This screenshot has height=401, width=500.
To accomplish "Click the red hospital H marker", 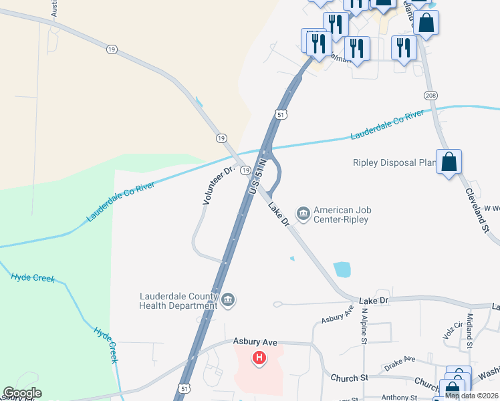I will coord(259,358).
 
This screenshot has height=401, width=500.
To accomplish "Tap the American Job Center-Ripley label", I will coord(342,215).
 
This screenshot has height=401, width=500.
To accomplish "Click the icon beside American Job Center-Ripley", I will coord(303,214).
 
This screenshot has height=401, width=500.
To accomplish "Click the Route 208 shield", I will coord(431,96).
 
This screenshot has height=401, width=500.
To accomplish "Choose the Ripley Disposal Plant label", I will coord(394,162).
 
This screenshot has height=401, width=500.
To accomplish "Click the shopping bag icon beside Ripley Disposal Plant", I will coord(449,162).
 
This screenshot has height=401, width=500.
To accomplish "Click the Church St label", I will coord(350,378).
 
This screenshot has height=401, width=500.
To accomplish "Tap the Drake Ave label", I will coord(400,363).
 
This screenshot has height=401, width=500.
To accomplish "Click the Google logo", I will coord(22,393).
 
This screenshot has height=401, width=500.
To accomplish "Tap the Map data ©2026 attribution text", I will coord(471,396).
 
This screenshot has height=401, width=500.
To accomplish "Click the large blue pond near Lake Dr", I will coord(342,269).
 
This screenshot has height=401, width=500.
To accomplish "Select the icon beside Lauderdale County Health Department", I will coord(229,300).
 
